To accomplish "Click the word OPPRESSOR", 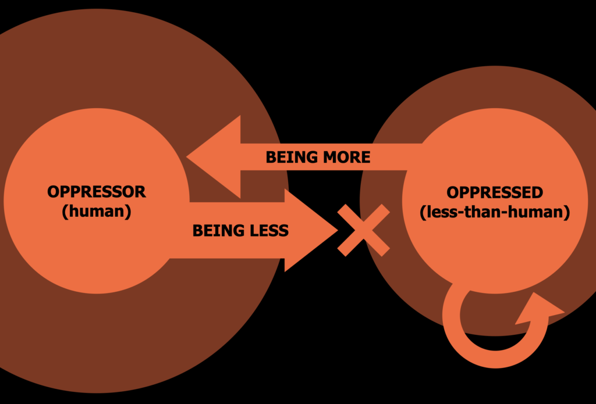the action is point(97,192).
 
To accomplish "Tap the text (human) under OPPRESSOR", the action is point(97,212).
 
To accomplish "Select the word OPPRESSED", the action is point(495,192).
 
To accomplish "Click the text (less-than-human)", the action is point(495,212).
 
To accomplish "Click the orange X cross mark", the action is point(363,230).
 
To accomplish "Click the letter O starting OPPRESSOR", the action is point(54,192).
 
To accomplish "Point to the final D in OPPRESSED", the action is point(537,192).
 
